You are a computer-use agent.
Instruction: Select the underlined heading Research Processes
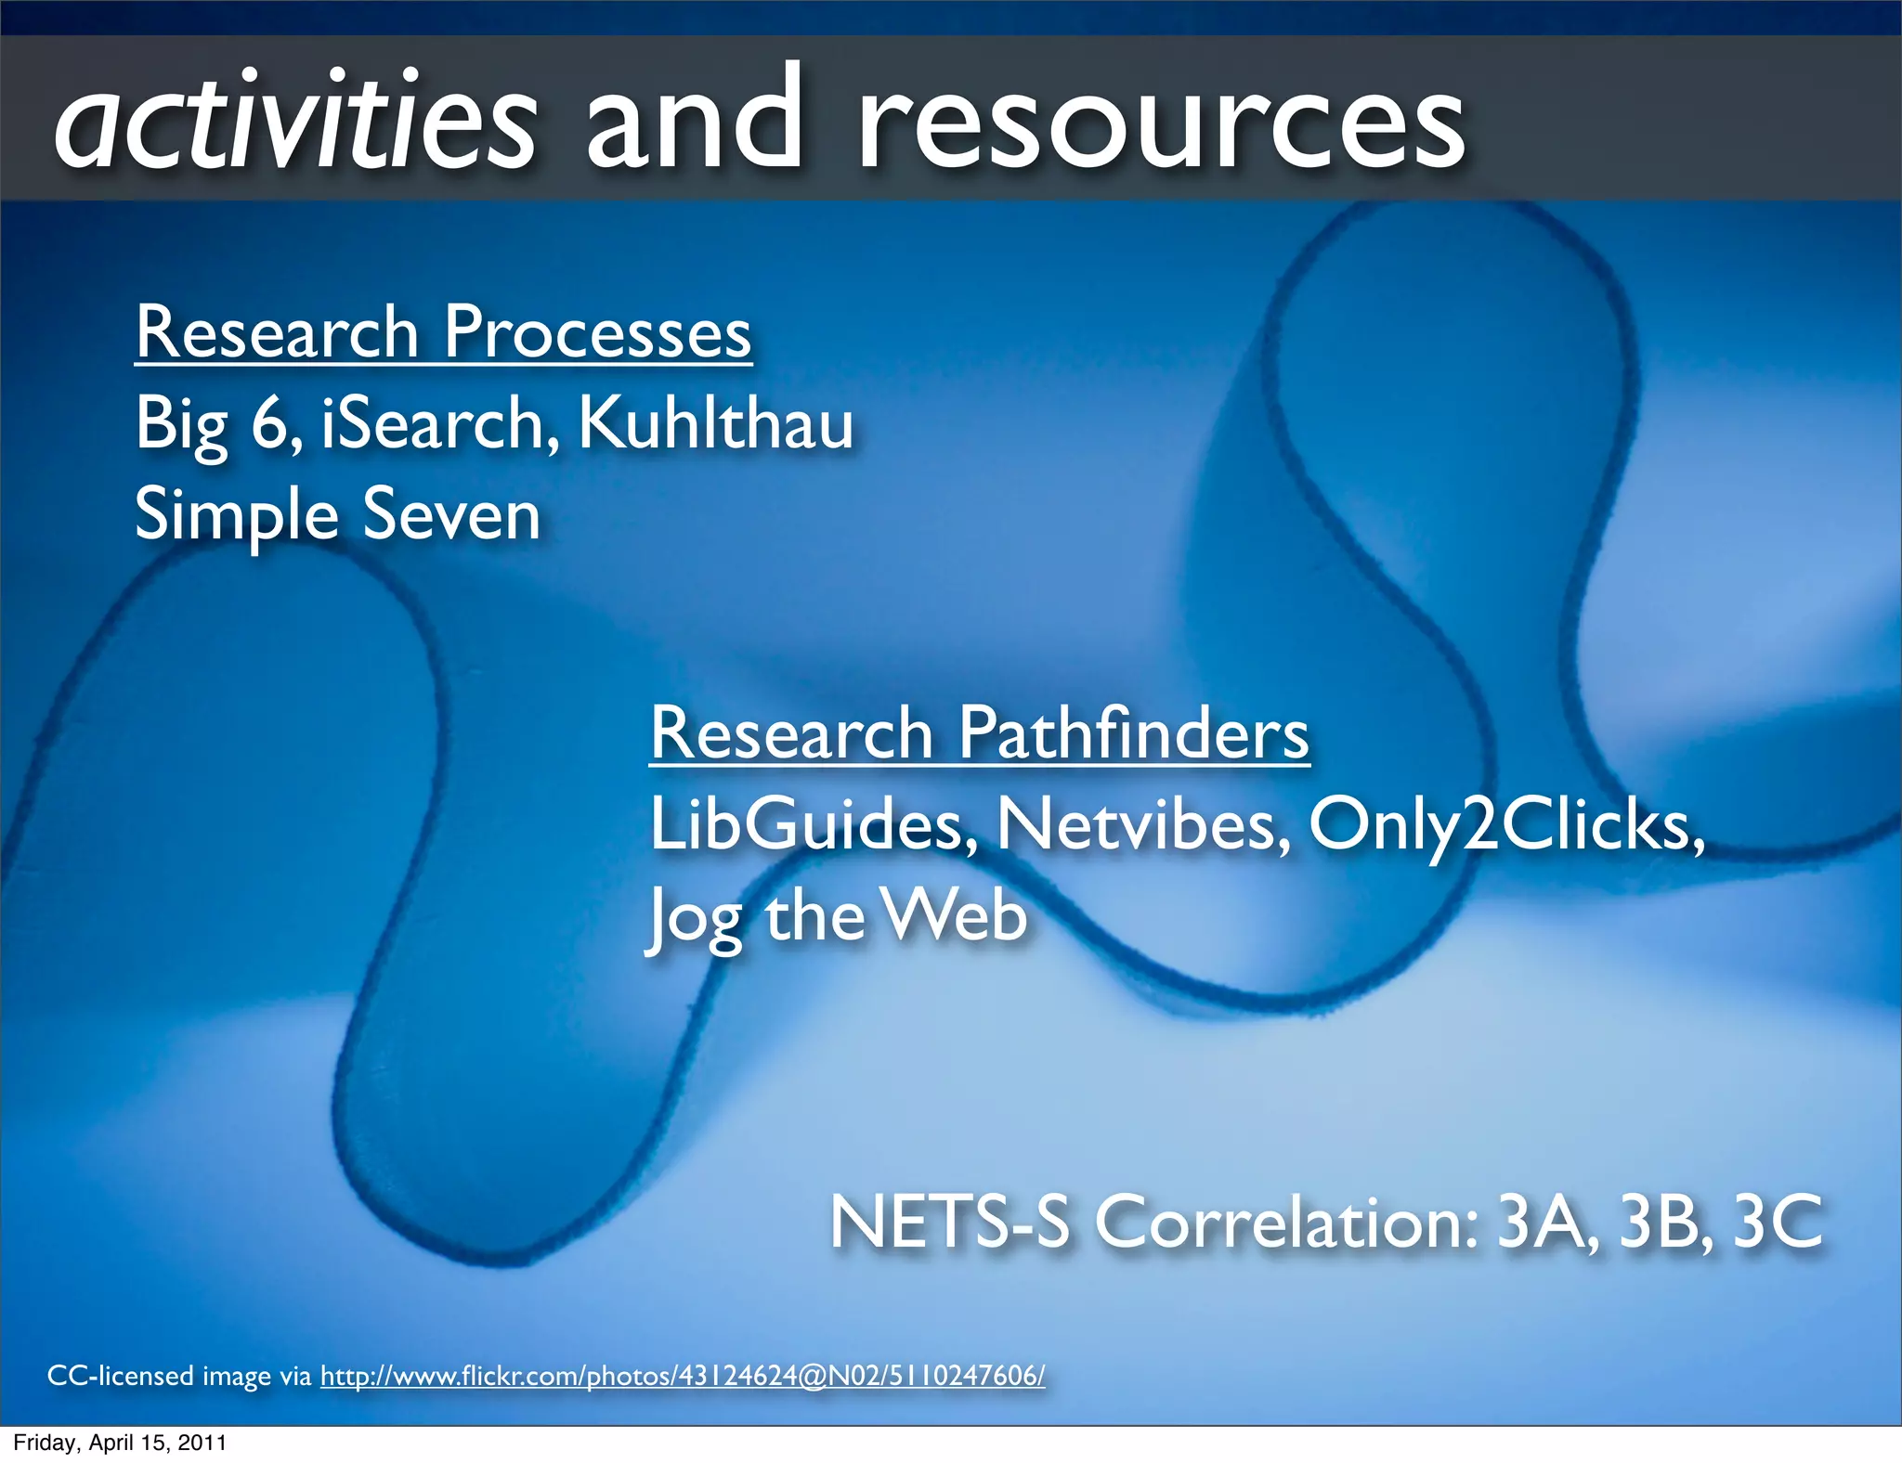pos(443,332)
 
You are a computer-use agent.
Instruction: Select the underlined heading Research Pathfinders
pos(979,733)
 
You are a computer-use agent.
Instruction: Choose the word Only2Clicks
pos(1505,824)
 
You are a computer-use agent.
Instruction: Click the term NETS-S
pos(949,1222)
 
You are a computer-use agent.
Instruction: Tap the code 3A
pos(1545,1222)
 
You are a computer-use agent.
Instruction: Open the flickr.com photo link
pos(683,1376)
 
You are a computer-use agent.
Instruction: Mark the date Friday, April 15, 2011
pos(119,1444)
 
